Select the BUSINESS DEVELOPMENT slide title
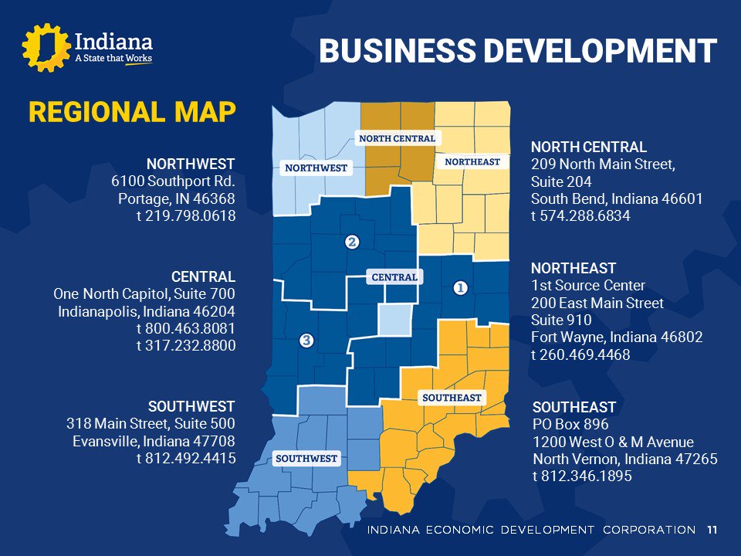pyautogui.click(x=518, y=51)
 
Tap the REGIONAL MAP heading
pyautogui.click(x=132, y=113)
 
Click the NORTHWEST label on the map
pyautogui.click(x=316, y=168)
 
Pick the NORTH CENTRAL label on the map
pyautogui.click(x=398, y=138)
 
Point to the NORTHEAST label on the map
pyautogui.click(x=472, y=161)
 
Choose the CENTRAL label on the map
pyautogui.click(x=394, y=276)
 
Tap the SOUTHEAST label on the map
pyautogui.click(x=452, y=398)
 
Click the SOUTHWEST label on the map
pyautogui.click(x=307, y=459)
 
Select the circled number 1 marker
pyautogui.click(x=460, y=288)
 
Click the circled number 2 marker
pyautogui.click(x=352, y=242)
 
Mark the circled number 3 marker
pyautogui.click(x=306, y=340)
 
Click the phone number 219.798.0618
pyautogui.click(x=186, y=217)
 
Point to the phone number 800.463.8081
pyautogui.click(x=186, y=329)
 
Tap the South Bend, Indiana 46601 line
pyautogui.click(x=617, y=199)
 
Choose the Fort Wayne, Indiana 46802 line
pyautogui.click(x=617, y=337)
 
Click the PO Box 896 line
pyautogui.click(x=570, y=425)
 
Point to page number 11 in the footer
pyautogui.click(x=711, y=530)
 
